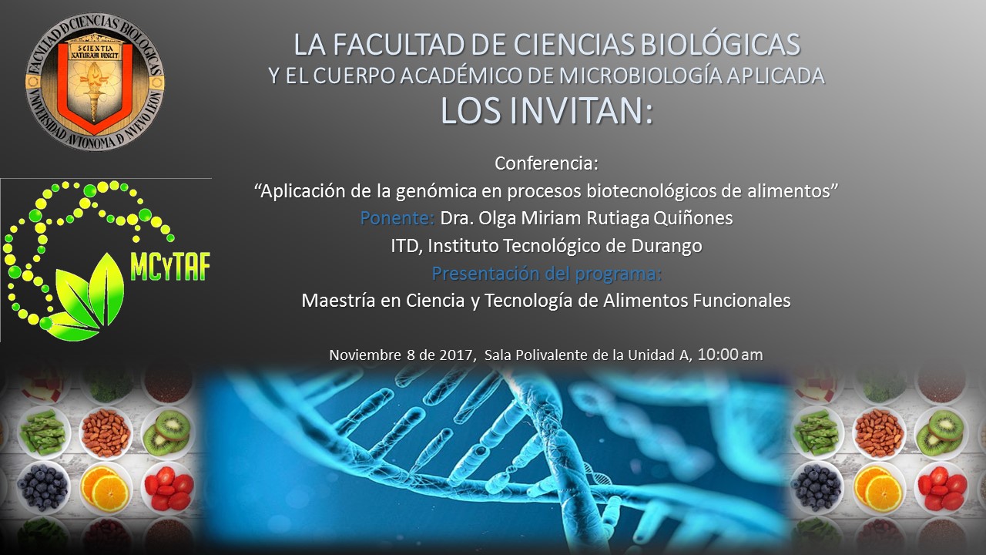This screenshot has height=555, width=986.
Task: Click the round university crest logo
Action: pyautogui.click(x=95, y=82)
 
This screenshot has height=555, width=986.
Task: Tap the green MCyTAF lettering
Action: pyautogui.click(x=170, y=267)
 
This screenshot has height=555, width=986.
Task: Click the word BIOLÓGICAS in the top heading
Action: pyautogui.click(x=720, y=44)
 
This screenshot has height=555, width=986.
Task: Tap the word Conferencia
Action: pyautogui.click(x=547, y=163)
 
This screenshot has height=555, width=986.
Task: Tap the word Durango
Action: pyautogui.click(x=666, y=246)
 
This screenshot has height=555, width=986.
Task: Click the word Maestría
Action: pyautogui.click(x=338, y=301)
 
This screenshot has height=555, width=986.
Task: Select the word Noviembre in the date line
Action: pyautogui.click(x=365, y=355)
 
